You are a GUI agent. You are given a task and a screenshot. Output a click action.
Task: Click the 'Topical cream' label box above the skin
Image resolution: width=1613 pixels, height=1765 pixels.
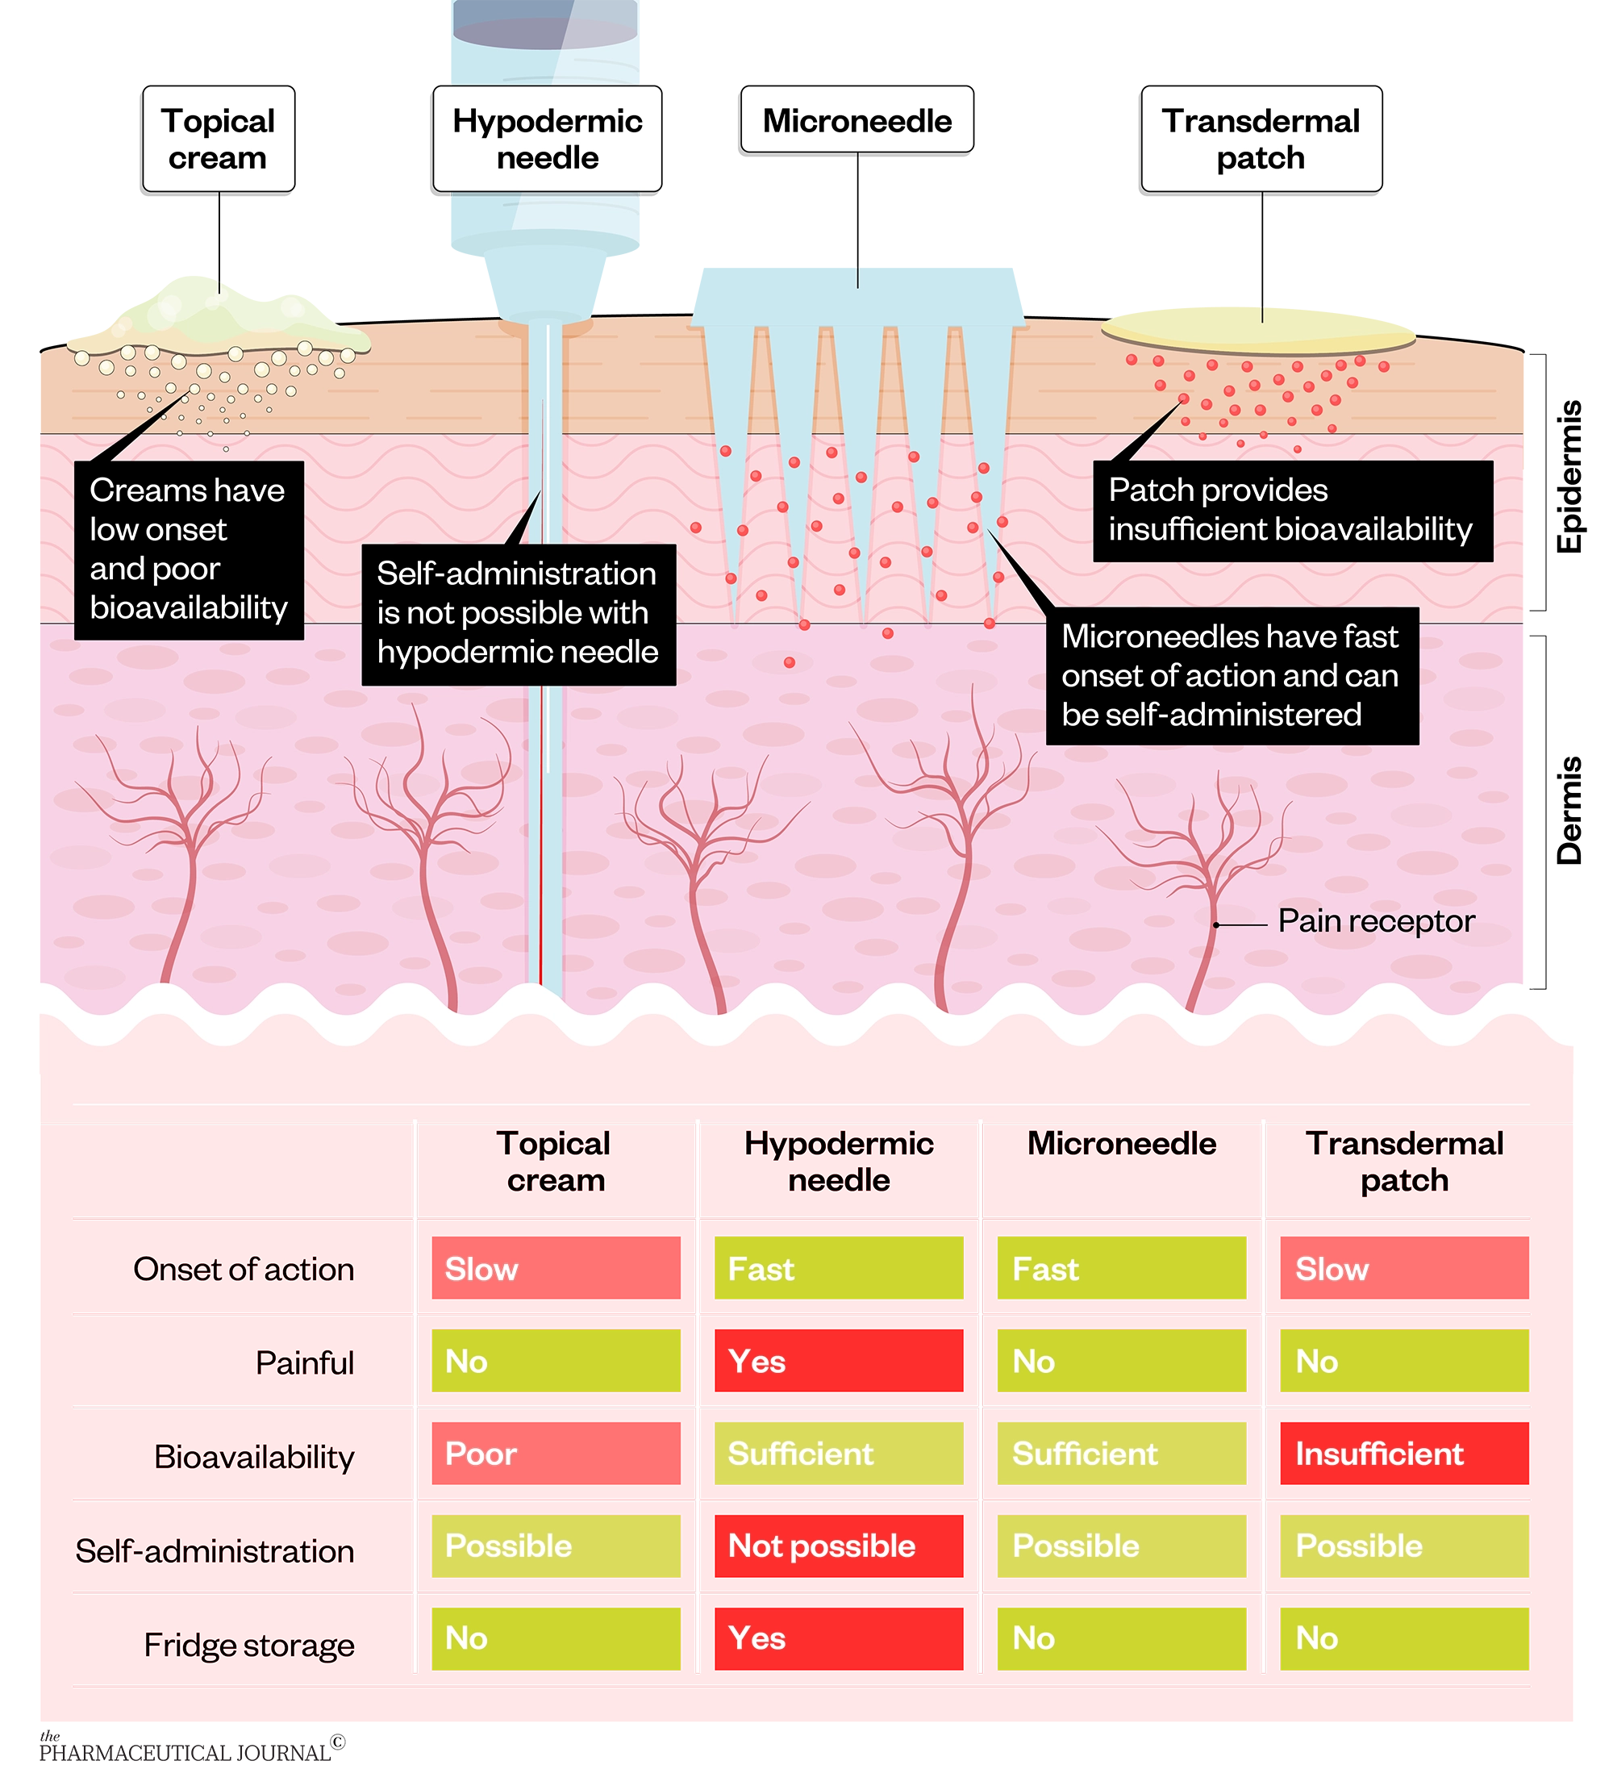218,138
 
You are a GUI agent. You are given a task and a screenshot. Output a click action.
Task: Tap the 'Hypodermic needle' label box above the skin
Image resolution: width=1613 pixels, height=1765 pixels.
547,138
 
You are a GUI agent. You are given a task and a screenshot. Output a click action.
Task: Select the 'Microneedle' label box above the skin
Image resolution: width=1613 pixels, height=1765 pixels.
857,120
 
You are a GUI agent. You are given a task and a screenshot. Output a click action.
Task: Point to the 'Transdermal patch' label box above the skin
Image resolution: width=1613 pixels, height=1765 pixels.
1261,138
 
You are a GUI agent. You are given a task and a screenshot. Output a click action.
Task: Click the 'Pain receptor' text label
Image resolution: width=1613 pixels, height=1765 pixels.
1376,921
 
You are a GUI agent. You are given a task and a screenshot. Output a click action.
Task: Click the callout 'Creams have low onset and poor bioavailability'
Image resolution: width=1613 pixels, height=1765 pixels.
188,549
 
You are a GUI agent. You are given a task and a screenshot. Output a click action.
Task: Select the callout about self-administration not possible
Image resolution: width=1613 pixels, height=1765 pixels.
517,613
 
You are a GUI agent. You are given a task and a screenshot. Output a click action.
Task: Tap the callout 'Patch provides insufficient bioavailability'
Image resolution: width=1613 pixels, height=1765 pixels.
1291,511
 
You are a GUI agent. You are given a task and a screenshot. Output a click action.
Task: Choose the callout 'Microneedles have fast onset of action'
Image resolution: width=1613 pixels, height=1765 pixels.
1231,675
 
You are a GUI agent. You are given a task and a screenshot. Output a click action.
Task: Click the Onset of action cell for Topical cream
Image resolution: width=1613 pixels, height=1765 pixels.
555,1268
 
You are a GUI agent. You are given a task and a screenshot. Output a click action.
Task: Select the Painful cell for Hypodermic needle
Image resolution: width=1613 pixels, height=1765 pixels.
838,1361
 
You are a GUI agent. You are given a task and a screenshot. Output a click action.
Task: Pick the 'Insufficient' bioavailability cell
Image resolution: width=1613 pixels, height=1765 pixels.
1403,1454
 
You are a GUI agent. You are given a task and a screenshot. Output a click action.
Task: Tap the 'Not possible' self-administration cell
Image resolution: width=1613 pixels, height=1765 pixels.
838,1546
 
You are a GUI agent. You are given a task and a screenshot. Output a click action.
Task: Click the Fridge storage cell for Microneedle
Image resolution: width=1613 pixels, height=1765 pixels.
1120,1638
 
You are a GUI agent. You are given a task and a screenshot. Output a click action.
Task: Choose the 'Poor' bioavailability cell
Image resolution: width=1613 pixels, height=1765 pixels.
555,1454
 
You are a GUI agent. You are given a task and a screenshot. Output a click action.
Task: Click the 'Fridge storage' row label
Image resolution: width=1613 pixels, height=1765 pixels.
249,1645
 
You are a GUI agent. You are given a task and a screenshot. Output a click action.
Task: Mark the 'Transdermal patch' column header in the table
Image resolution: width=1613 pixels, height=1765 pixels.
1404,1162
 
